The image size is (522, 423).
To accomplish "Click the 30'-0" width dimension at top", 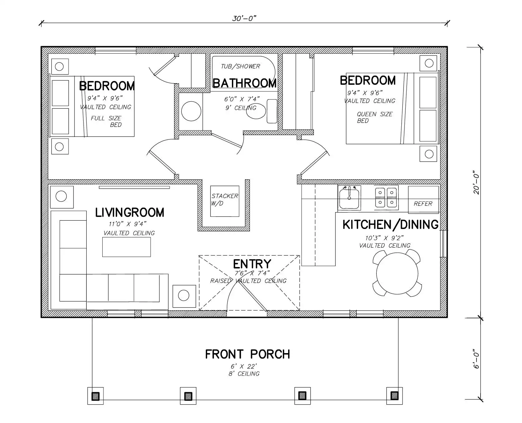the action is (244, 18).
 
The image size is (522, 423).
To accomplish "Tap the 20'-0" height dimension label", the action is (476, 182).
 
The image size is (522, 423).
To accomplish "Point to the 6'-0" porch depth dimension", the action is (476, 359).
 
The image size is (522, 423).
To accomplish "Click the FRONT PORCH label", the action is (248, 354).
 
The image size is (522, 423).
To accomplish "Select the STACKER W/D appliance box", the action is (225, 201).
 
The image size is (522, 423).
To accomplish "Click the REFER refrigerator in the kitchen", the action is (423, 200).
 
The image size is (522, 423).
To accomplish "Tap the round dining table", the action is (397, 274).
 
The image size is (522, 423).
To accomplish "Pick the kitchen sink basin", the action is (349, 197).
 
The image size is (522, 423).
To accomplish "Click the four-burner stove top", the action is (386, 197).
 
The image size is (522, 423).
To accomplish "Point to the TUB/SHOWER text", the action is (240, 66).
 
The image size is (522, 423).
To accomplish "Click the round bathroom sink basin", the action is (191, 111).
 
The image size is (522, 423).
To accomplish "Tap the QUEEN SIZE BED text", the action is (375, 117).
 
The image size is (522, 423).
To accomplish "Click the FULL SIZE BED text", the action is (106, 121).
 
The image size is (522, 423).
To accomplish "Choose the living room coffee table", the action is (127, 247).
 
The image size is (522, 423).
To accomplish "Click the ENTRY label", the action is (252, 264).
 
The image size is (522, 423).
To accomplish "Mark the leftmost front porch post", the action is (95, 396).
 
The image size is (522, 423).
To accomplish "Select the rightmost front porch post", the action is (394, 396).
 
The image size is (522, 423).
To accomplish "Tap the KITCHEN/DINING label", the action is (390, 225).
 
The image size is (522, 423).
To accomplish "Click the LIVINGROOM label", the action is (129, 212).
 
